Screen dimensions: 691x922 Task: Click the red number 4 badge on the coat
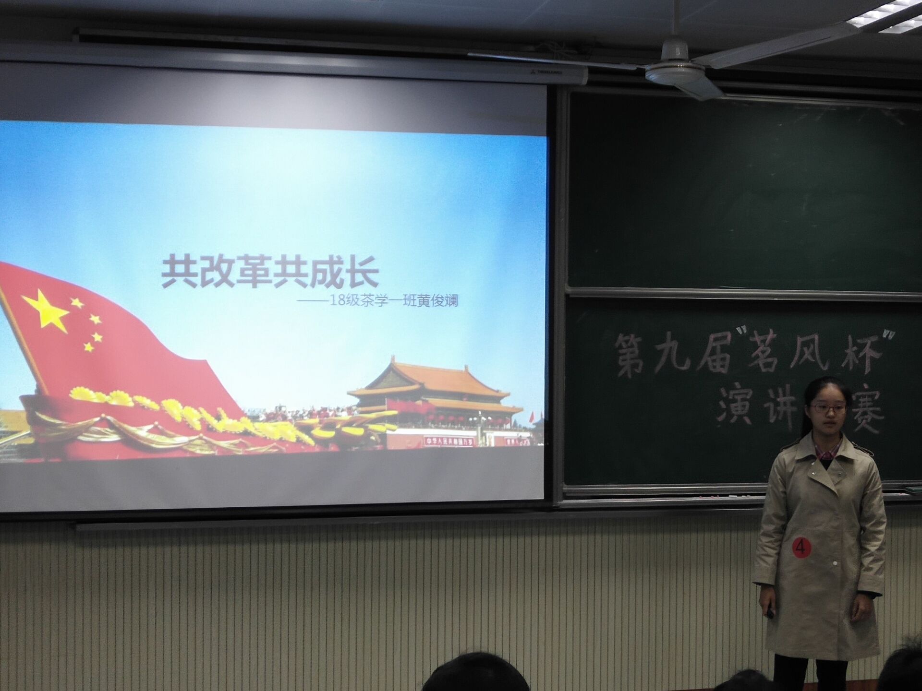coord(801,547)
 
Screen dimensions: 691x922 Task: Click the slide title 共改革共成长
coord(270,273)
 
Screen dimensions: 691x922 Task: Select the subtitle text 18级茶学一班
coord(372,301)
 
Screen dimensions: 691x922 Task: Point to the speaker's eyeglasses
coord(828,409)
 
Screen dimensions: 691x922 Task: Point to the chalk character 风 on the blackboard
coord(814,355)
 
